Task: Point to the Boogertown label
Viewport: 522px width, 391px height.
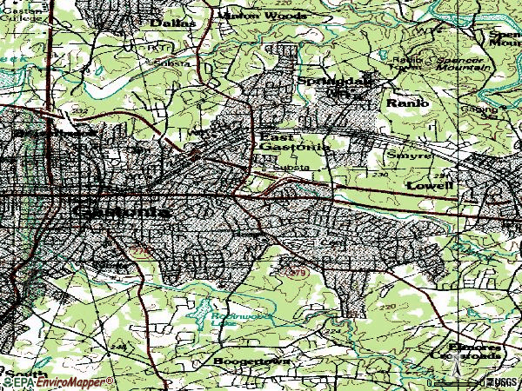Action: tap(252, 360)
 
